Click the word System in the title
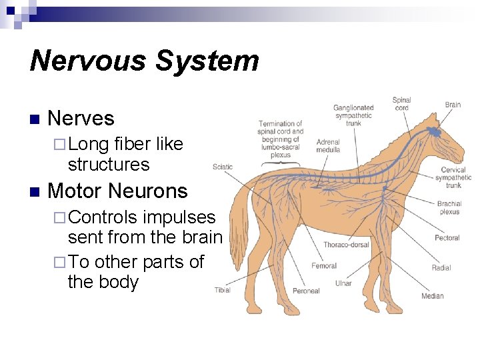(x=207, y=61)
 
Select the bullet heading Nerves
(x=81, y=119)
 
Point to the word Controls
(x=103, y=217)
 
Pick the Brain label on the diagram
(x=453, y=105)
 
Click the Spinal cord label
(x=401, y=103)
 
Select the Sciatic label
(x=223, y=167)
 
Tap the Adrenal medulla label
(x=328, y=145)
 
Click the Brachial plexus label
(x=449, y=207)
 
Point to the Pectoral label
(x=447, y=238)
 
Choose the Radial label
(x=441, y=268)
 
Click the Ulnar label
(x=343, y=283)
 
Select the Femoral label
(x=324, y=266)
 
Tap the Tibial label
(x=223, y=289)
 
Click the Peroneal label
(x=306, y=291)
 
